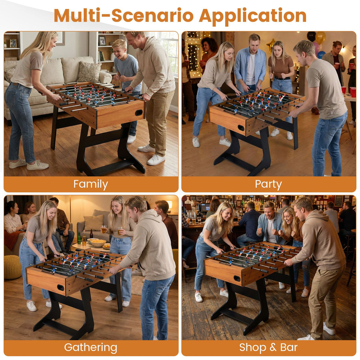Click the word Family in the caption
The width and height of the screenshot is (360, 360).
(90, 184)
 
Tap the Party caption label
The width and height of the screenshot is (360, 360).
(268, 184)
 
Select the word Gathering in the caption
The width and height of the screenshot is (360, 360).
(90, 347)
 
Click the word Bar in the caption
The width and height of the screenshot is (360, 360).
(289, 347)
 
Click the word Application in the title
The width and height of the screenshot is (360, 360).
(253, 15)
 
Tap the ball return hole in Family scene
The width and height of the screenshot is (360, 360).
(139, 112)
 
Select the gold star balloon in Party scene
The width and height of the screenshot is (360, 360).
(271, 45)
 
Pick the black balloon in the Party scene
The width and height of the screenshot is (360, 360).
(311, 36)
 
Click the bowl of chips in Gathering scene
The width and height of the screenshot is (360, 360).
(98, 242)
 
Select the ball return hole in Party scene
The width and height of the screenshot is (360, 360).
(241, 127)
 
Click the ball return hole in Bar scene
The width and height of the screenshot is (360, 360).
(237, 278)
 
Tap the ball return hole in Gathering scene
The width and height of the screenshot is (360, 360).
(61, 288)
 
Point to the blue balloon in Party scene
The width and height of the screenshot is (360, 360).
(321, 55)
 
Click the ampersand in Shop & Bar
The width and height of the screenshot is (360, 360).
(273, 348)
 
